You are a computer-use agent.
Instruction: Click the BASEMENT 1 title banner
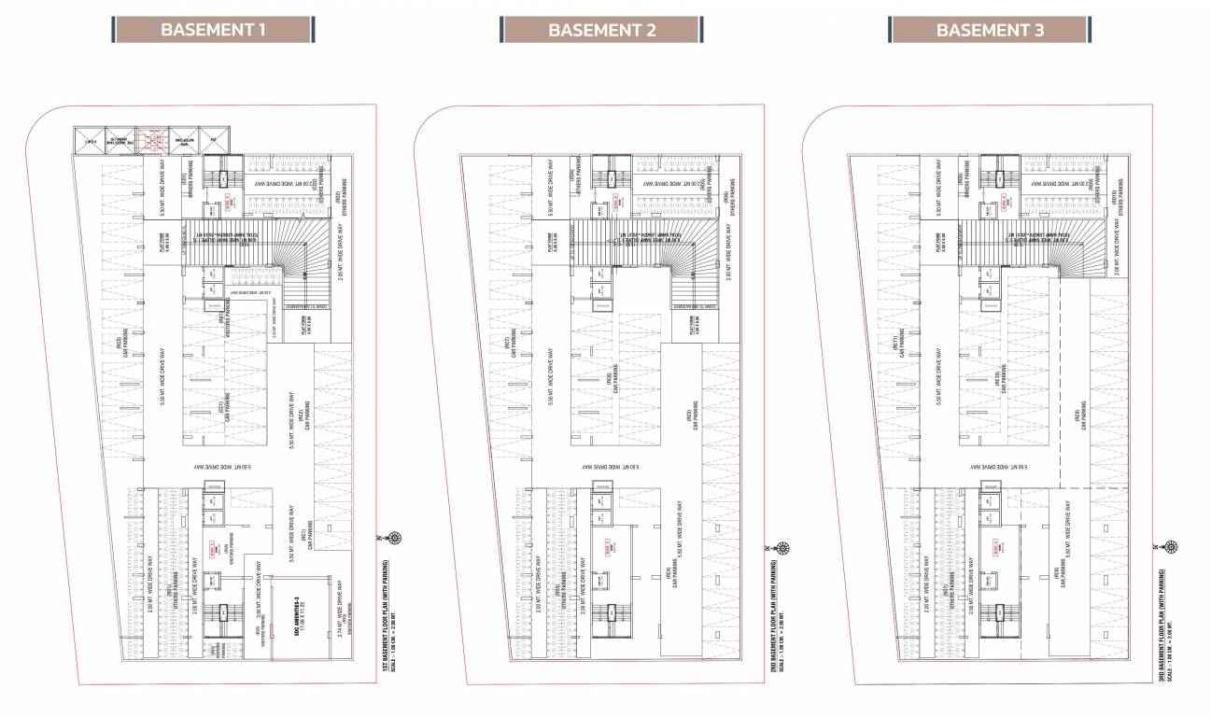coord(214,29)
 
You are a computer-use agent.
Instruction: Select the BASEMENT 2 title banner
coord(602,29)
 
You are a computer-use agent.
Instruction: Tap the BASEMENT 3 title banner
coord(990,29)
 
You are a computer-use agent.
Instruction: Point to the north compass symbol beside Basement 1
coord(396,539)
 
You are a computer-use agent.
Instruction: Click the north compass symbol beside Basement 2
coord(784,548)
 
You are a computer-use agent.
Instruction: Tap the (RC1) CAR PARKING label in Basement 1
coord(305,537)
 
